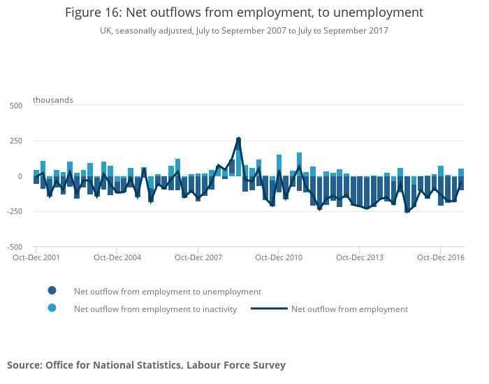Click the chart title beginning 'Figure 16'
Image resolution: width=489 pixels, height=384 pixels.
(x=244, y=13)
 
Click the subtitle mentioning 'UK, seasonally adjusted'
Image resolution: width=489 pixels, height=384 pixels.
(x=244, y=31)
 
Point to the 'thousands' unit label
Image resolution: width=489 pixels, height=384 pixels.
(x=53, y=100)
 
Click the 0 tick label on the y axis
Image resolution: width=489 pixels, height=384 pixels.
(x=20, y=176)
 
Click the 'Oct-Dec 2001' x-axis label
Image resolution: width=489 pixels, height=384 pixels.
(x=36, y=257)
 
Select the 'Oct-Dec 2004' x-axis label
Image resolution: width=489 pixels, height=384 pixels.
(x=117, y=257)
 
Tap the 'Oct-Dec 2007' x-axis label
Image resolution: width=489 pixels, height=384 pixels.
(x=198, y=257)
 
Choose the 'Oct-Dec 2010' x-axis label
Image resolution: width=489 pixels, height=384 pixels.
(x=279, y=257)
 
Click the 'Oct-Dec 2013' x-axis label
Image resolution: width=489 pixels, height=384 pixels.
(x=360, y=257)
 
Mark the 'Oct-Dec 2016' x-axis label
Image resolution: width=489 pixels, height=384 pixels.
(x=441, y=257)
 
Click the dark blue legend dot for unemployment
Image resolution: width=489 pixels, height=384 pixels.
(x=52, y=291)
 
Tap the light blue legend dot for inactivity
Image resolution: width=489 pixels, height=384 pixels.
(x=52, y=308)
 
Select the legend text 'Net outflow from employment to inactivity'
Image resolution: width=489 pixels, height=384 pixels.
(x=155, y=309)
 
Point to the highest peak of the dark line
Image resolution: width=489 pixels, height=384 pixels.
(x=238, y=138)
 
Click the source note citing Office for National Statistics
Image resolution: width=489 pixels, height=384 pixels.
(x=146, y=365)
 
